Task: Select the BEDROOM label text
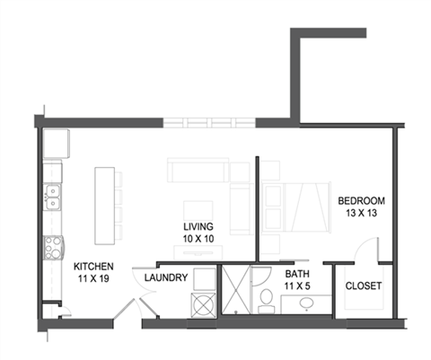tap(361, 200)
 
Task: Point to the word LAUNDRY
tap(166, 277)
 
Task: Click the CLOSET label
tap(364, 286)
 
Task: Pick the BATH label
tap(297, 275)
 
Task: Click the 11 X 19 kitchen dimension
tap(91, 279)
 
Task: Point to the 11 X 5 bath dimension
tap(297, 287)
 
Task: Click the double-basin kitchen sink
tap(53, 197)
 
